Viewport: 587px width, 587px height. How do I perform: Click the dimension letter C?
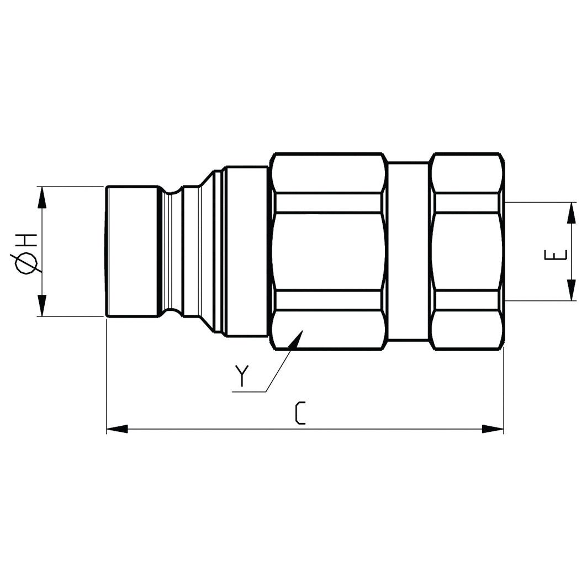coord(300,414)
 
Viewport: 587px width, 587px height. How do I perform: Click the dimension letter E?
coord(557,255)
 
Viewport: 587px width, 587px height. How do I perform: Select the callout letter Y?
coord(241,376)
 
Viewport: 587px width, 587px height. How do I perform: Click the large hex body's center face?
coord(329,252)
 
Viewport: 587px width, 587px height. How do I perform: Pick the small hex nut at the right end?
coord(467,252)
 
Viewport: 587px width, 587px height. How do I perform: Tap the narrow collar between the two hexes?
coord(408,252)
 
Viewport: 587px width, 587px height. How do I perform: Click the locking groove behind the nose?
coord(172,252)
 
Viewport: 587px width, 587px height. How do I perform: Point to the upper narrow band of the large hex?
coord(329,203)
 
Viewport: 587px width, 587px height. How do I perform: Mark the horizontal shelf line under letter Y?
coord(249,392)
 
